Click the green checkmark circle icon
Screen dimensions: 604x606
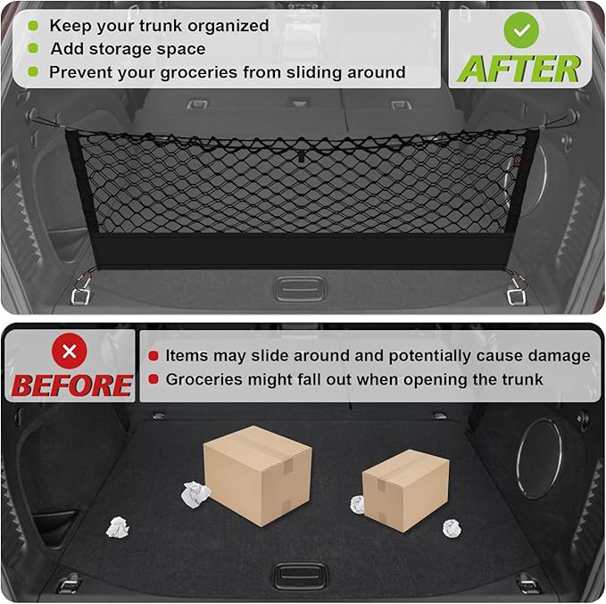point(520,30)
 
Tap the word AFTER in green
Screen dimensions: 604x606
point(519,68)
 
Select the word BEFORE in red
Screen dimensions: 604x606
point(71,385)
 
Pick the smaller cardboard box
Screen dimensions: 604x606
point(404,489)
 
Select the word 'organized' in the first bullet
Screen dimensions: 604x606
point(227,26)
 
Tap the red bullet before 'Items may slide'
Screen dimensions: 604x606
point(154,356)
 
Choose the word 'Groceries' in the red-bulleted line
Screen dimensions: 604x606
point(206,379)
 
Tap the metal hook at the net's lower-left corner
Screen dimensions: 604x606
point(81,291)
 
